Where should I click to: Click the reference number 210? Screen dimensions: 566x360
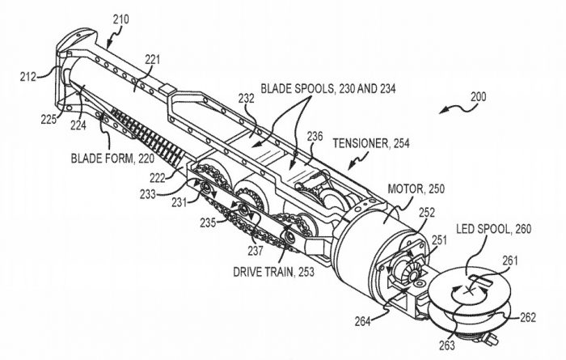120,19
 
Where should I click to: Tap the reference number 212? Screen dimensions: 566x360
27,77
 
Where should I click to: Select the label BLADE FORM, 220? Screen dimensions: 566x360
112,159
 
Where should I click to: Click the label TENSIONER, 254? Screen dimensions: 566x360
371,143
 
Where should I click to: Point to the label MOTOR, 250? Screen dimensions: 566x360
416,188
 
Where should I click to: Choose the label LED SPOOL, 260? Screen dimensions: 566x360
494,229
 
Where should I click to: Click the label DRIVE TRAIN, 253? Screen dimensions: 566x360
273,272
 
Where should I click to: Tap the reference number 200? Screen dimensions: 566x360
479,97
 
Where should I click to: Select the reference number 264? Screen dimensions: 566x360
363,321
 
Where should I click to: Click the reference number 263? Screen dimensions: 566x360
447,345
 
